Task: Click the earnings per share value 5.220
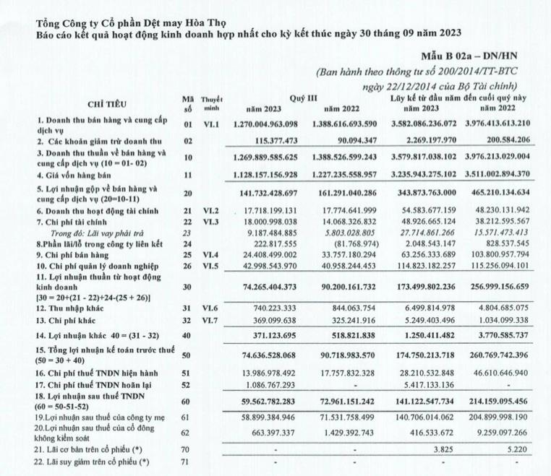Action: pos(516,447)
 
